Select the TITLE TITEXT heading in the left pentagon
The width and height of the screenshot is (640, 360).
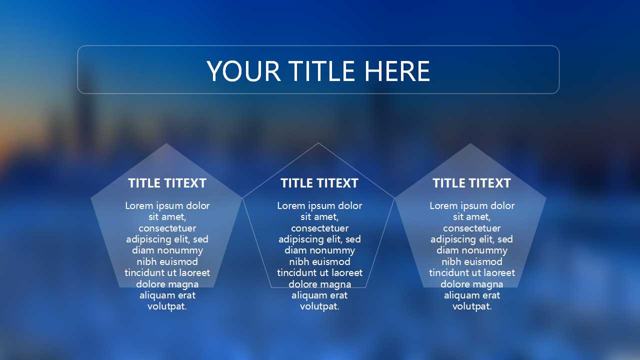167,183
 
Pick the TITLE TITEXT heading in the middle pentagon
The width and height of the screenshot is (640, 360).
319,183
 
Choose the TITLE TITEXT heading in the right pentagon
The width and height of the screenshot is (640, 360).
471,183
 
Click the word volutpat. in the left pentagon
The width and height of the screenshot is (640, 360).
167,306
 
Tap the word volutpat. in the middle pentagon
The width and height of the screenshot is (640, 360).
319,306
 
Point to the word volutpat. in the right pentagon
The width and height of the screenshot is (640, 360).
472,306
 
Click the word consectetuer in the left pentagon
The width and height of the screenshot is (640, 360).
167,228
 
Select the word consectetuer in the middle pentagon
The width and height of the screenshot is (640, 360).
319,228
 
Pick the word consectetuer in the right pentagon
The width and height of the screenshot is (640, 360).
472,228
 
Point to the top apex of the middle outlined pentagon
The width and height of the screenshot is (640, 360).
318,143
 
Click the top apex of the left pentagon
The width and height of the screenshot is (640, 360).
166,144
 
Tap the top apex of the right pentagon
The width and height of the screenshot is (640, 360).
470,144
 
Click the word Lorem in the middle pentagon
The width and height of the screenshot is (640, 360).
291,206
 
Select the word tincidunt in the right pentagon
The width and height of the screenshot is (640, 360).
448,273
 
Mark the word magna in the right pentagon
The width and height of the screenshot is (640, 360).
489,284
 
